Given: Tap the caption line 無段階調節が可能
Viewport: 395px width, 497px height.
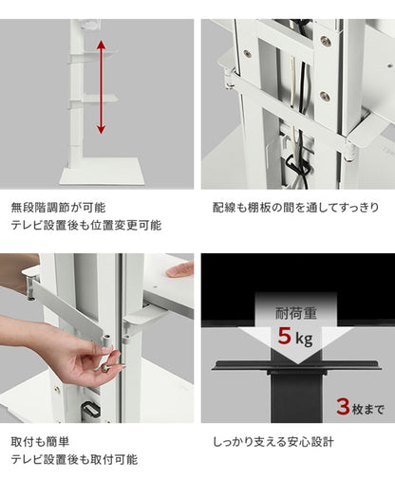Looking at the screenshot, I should (x=58, y=206).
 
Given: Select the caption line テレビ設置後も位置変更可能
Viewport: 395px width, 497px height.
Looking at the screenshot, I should (x=85, y=226).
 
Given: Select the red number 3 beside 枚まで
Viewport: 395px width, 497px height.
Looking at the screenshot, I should (x=343, y=408).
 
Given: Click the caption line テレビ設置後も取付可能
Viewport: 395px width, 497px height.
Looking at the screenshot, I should (x=73, y=460).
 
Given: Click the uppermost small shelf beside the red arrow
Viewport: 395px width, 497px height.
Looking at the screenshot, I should (x=95, y=53).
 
